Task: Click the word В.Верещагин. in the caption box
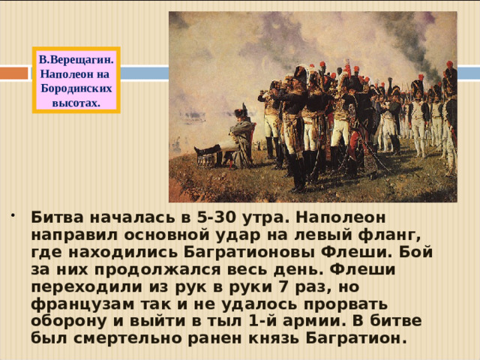[76, 58]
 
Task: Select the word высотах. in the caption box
[76, 102]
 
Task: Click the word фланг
[363, 235]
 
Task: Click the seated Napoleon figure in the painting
[240, 139]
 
